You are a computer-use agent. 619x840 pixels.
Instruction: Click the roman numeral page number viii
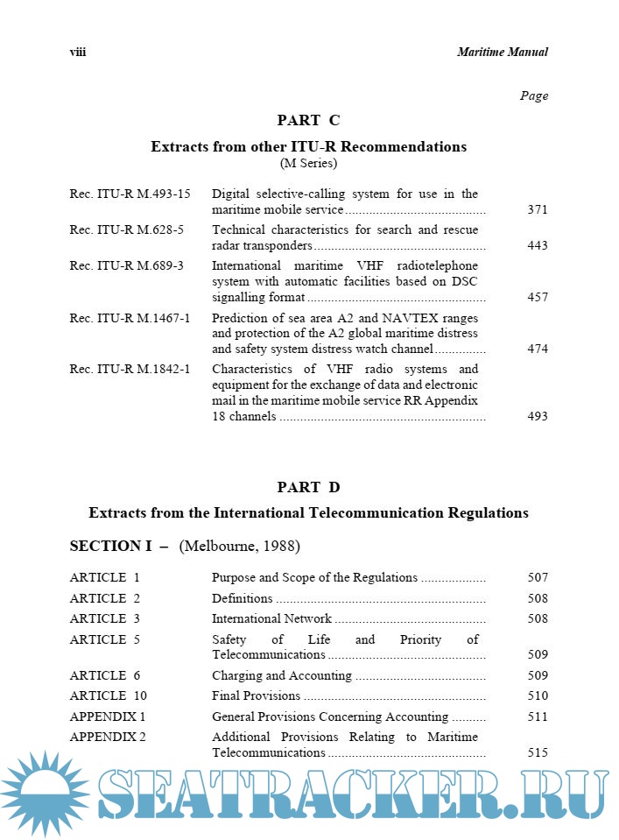[78, 53]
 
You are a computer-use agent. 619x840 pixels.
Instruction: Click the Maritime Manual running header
[502, 53]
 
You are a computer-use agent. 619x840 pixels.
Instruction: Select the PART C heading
[308, 121]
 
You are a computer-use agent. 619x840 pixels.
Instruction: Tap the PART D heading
[308, 487]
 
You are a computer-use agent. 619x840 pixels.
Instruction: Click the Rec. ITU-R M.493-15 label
[130, 194]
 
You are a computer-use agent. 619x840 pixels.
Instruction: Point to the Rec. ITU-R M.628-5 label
[126, 229]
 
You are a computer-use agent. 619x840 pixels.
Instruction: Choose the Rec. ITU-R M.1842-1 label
[130, 369]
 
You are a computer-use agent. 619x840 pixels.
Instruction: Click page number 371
[538, 210]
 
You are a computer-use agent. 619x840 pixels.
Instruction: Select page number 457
[538, 297]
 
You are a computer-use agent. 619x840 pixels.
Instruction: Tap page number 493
[538, 416]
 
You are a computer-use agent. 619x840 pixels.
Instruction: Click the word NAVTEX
[411, 318]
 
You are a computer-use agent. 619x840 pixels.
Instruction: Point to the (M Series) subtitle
[308, 163]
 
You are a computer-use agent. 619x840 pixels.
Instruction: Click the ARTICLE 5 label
[104, 639]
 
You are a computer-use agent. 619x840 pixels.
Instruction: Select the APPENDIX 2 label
[108, 737]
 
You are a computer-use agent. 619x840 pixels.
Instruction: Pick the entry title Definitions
[242, 598]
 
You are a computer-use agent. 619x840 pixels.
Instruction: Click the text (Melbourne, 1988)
[239, 547]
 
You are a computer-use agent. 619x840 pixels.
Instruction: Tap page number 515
[538, 752]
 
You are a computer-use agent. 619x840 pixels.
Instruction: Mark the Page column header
[534, 96]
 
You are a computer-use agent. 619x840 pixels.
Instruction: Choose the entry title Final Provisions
[256, 695]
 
